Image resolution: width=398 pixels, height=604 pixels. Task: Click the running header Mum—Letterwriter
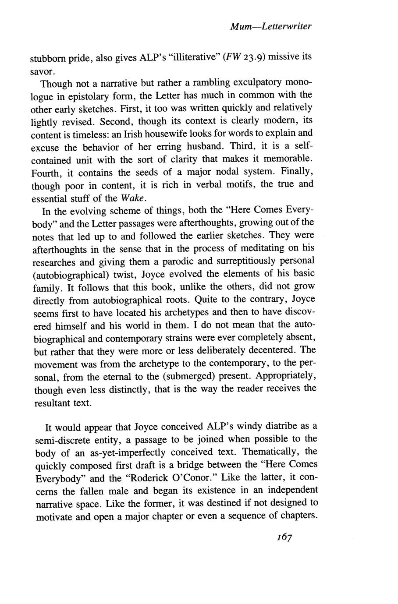click(x=270, y=27)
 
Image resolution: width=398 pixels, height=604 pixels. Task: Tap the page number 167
click(x=284, y=537)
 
